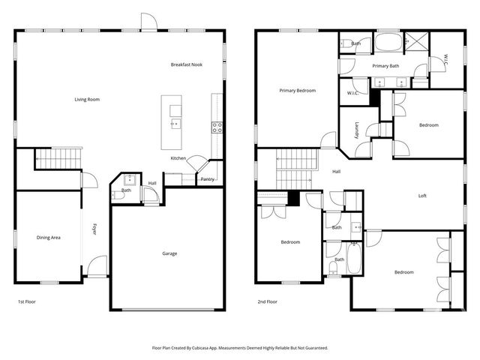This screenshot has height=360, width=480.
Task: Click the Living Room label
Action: point(87,99)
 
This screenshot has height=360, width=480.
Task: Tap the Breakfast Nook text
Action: point(187,64)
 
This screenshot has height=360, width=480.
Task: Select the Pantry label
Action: point(208,179)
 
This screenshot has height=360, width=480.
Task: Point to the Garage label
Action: point(169,253)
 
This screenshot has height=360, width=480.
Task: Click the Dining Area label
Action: point(49,238)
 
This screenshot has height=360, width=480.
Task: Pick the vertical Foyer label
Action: point(94,229)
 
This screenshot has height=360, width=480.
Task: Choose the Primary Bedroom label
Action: point(297,90)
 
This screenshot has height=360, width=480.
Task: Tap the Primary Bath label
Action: point(385,65)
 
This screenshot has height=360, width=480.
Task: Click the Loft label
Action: point(422,196)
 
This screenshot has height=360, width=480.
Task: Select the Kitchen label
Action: point(178,158)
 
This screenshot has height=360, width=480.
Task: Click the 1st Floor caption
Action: point(27,301)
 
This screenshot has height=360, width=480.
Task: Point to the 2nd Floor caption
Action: point(268,301)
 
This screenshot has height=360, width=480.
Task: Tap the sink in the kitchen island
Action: point(175,124)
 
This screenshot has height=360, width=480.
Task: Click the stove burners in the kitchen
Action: point(217,127)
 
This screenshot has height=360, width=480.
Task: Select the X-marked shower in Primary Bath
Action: point(415,42)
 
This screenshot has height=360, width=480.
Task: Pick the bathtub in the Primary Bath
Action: point(387,42)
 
